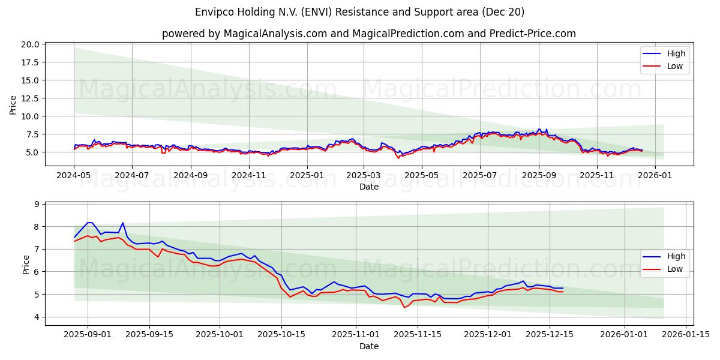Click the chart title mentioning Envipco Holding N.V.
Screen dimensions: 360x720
360,12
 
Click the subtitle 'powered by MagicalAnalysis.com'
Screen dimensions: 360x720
368,34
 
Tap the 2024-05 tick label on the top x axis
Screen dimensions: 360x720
74,175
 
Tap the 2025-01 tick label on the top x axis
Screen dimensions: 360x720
307,175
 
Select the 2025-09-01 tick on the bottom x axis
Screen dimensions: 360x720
88,335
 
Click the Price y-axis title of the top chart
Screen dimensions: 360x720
13,104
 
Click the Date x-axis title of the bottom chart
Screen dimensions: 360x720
368,346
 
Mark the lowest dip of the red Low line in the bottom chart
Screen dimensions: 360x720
404,308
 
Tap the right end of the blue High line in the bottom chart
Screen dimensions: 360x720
563,288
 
